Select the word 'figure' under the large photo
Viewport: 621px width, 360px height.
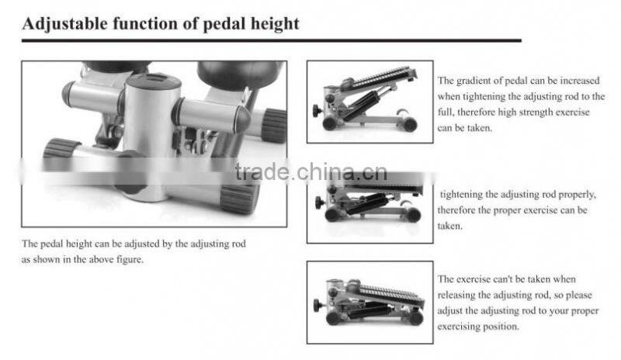(127, 260)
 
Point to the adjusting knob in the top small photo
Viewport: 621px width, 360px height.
(317, 112)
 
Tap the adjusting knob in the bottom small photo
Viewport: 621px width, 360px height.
(317, 305)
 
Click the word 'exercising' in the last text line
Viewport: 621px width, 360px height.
(463, 327)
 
